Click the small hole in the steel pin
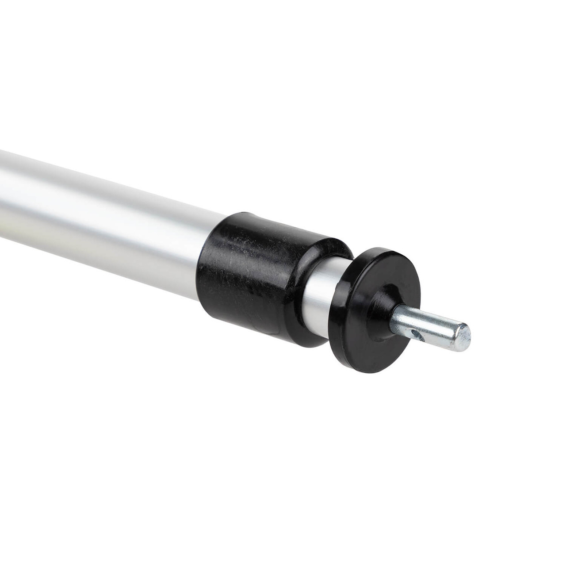(415, 331)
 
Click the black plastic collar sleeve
(261, 274)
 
